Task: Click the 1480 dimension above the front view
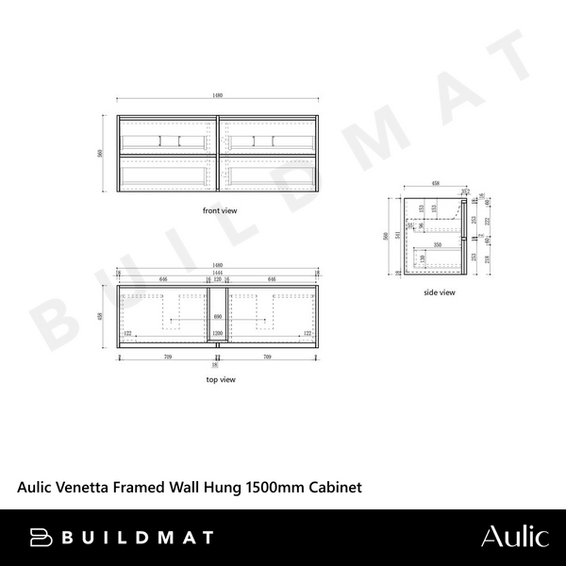click(218, 98)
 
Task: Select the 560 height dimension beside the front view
click(101, 155)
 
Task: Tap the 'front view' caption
click(219, 210)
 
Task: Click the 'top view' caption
click(220, 379)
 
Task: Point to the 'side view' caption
click(440, 292)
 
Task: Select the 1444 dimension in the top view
click(218, 274)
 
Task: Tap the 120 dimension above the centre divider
click(218, 280)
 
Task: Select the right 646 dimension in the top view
click(273, 280)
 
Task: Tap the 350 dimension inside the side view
click(439, 244)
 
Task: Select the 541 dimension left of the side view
click(400, 236)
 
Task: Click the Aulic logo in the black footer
click(514, 538)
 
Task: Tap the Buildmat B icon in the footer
click(40, 538)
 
